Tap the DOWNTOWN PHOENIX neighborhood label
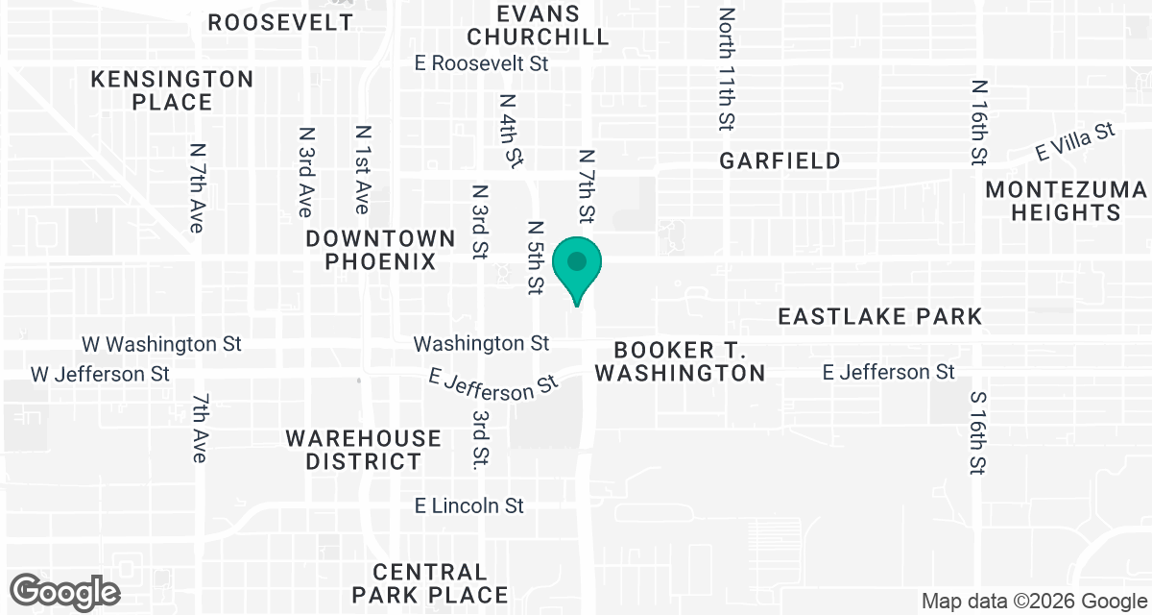click(x=381, y=249)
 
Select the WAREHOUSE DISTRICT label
click(x=364, y=450)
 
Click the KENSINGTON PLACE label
click(x=173, y=90)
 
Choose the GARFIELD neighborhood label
click(x=780, y=160)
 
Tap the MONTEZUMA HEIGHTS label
click(x=1067, y=201)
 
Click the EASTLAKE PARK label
click(x=880, y=316)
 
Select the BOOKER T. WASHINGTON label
click(x=680, y=360)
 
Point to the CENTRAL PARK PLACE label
click(x=429, y=583)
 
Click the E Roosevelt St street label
click(x=481, y=63)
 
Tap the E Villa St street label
click(x=1074, y=141)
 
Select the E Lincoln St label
click(x=469, y=505)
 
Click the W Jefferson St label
click(x=100, y=373)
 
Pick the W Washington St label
click(x=161, y=343)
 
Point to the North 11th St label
click(x=727, y=69)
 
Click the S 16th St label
click(x=977, y=432)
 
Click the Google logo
click(x=65, y=591)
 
